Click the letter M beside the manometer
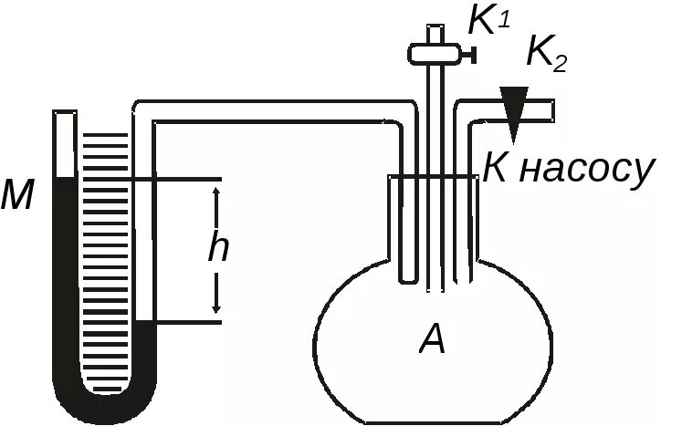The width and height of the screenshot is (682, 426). coord(17,194)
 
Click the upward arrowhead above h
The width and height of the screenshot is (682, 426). coord(216,192)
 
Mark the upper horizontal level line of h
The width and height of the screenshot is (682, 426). coord(183,178)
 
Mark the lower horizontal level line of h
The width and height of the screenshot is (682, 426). coord(183,321)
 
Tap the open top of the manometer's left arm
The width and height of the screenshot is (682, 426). coord(64,115)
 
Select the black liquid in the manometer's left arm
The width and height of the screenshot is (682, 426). coord(64,274)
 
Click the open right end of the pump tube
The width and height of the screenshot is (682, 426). coord(552,109)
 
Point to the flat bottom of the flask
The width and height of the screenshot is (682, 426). coord(429,421)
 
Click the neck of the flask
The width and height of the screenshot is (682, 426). coord(434,228)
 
